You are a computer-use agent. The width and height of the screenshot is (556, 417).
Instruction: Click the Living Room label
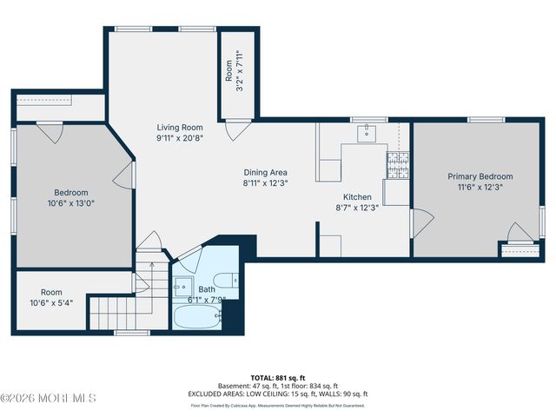click(x=180, y=127)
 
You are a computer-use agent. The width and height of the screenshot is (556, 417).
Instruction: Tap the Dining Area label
click(x=265, y=172)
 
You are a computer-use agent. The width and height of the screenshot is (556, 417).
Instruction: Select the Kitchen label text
click(x=357, y=197)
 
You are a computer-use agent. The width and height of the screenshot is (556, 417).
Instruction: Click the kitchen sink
click(x=367, y=132)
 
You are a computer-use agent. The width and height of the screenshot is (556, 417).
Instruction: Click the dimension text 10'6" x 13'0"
click(x=71, y=204)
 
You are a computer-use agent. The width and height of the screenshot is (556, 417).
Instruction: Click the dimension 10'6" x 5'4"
click(x=52, y=303)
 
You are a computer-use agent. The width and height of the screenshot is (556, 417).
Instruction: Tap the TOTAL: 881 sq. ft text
click(x=277, y=378)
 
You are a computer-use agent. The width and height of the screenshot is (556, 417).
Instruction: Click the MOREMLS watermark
click(x=49, y=398)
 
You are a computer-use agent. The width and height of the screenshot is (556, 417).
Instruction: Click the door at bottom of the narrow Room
click(x=234, y=129)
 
